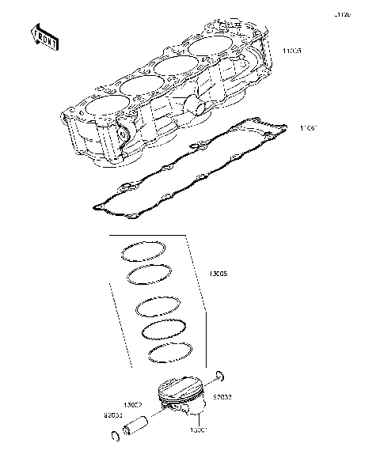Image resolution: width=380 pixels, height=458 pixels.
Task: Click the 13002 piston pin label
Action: coord(131,403)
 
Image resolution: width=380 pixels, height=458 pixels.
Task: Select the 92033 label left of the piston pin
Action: coord(112,414)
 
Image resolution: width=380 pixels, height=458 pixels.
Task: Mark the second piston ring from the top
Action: coord(149,274)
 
